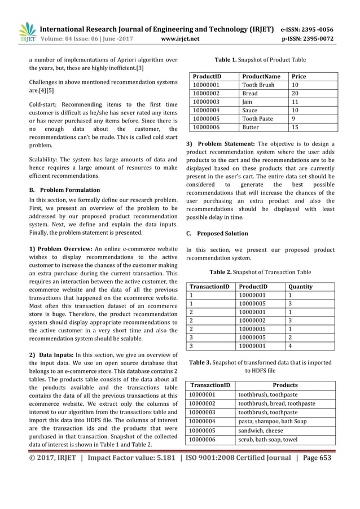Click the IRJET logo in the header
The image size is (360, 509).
[x=27, y=32]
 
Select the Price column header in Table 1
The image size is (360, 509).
[x=300, y=76]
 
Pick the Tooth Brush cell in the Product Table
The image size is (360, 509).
[x=258, y=85]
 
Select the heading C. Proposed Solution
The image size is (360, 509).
[x=217, y=234]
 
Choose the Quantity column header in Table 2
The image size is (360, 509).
[x=300, y=287]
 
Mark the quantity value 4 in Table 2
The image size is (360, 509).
[x=290, y=346]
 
